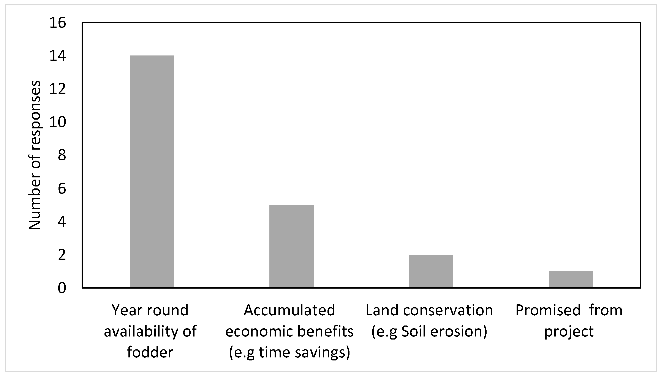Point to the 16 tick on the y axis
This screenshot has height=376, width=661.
click(x=58, y=23)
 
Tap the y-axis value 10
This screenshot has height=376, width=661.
click(x=58, y=122)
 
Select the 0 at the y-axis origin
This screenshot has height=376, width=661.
click(x=62, y=288)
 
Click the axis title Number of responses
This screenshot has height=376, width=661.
click(x=35, y=155)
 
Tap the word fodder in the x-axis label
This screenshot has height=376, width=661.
click(x=150, y=352)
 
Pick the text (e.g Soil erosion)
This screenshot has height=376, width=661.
click(x=429, y=331)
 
